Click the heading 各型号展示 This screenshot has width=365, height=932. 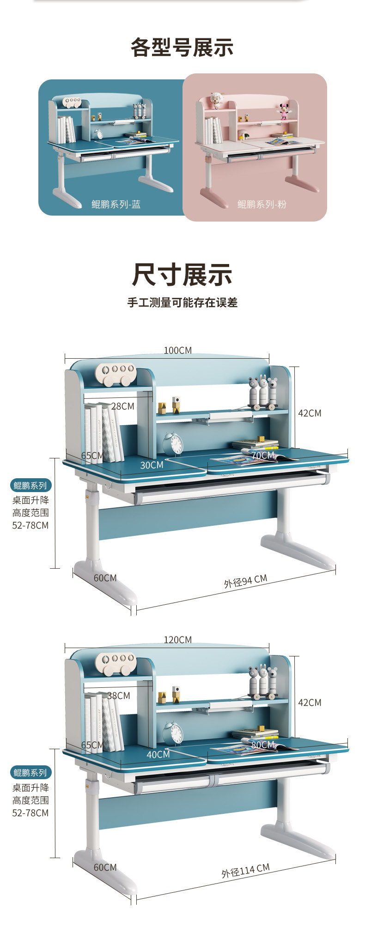182,48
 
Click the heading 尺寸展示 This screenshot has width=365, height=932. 182,275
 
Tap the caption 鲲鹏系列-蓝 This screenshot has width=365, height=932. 116,204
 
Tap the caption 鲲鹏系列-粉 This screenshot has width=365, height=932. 262,204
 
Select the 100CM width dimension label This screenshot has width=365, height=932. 177,350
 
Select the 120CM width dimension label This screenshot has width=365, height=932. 177,639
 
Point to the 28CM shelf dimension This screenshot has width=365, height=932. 122,406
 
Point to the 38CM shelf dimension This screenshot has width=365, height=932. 118,695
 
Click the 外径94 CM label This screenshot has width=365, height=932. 245,581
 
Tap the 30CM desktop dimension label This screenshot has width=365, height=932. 152,465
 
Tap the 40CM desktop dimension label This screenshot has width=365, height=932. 158,754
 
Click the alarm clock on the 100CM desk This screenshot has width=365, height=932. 173,444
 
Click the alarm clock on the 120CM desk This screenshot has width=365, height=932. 173,733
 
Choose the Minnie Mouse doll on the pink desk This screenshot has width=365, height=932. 282,111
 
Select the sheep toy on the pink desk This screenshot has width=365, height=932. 216,100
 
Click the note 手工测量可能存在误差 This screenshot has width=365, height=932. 182,303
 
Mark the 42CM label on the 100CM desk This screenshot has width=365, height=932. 309,413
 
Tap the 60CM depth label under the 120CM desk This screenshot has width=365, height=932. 105,867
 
